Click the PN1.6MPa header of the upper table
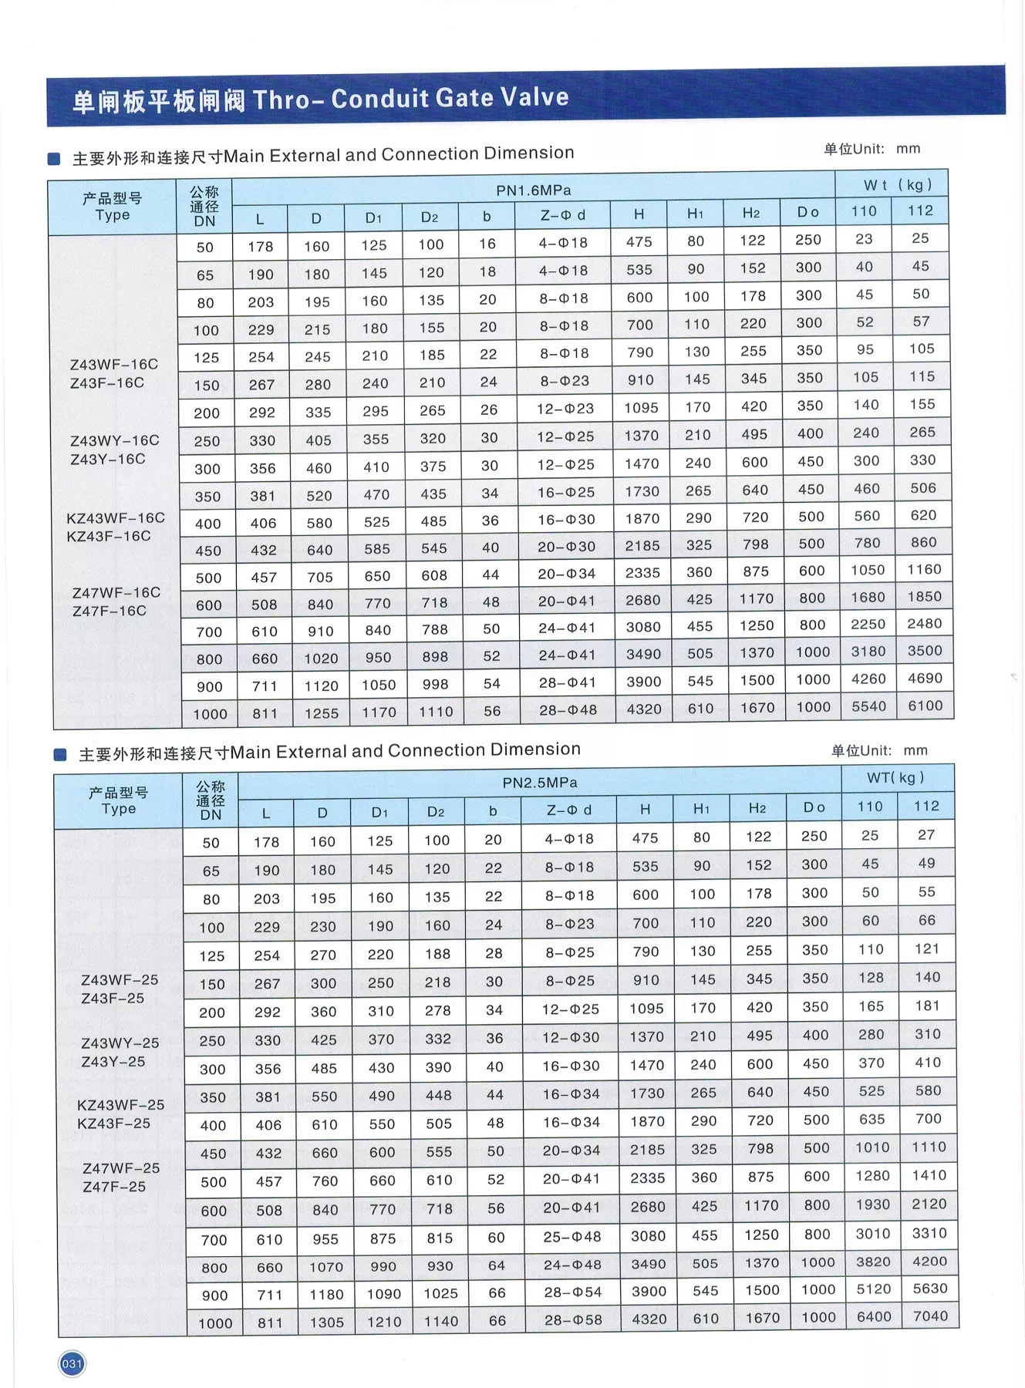[x=533, y=190]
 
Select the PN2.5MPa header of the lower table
[x=540, y=783]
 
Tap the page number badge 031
[x=72, y=1363]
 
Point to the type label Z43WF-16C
[x=113, y=364]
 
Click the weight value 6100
[x=925, y=706]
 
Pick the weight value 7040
[x=930, y=1316]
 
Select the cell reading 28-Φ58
[x=572, y=1319]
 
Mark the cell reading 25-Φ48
[x=572, y=1236]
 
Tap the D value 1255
[x=322, y=713]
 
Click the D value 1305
[x=327, y=1322]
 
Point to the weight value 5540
[x=868, y=706]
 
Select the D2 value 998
[x=435, y=684]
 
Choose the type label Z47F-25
[x=114, y=1187]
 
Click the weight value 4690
[x=925, y=678]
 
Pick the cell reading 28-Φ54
[x=572, y=1292]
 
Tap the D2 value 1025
[x=440, y=1293]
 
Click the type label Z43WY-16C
[x=115, y=440]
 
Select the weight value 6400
[x=874, y=1317]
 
